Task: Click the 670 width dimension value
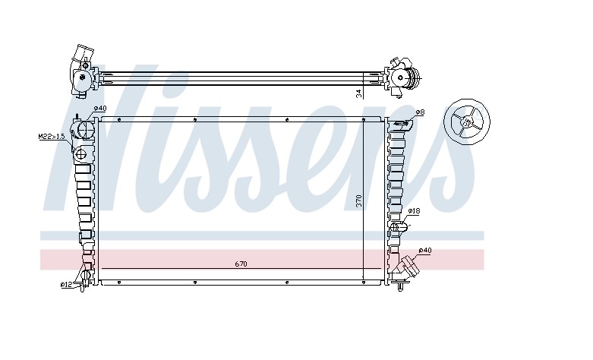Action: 241,264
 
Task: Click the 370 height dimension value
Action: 359,201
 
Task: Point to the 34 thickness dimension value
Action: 359,93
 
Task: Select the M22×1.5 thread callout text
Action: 52,137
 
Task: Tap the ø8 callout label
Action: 420,112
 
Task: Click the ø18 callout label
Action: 414,211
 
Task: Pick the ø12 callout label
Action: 66,285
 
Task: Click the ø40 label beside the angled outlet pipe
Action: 425,251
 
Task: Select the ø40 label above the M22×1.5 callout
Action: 99,109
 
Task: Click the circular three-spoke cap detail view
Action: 467,122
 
